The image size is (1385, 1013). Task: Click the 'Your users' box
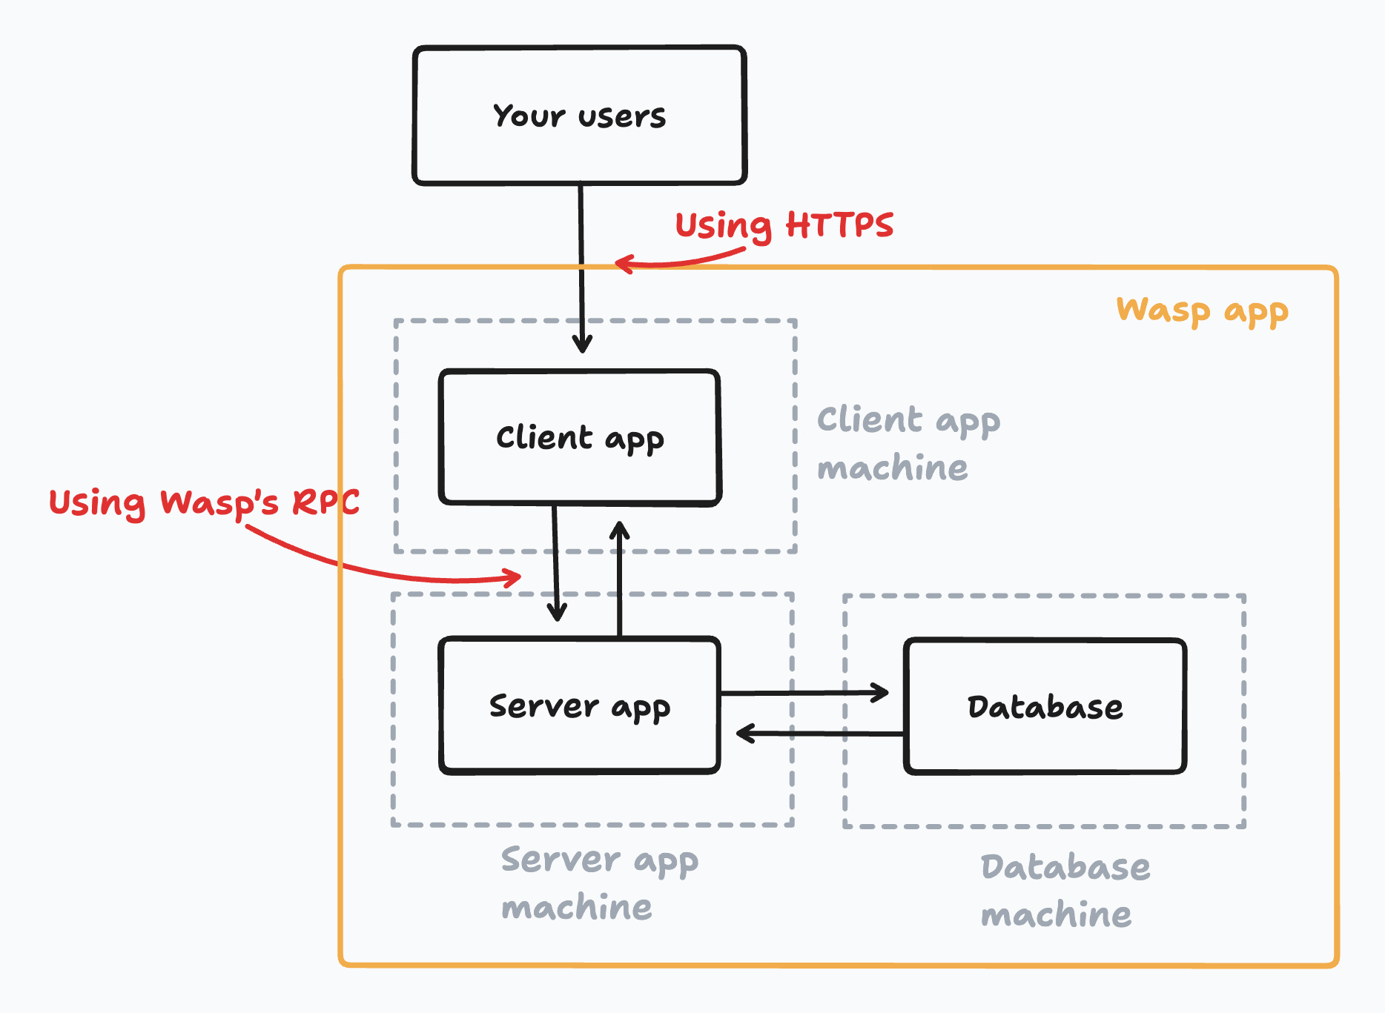pos(579,115)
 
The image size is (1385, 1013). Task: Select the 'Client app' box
pos(579,437)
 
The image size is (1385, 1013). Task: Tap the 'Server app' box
pos(579,705)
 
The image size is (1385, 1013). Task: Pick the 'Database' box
pos(1045,706)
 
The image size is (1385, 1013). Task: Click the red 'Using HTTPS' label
pos(784,225)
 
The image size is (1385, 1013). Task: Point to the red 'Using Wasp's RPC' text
pos(204,502)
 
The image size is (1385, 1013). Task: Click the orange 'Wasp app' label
pos(1202,310)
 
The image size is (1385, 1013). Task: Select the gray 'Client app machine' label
pos(908,443)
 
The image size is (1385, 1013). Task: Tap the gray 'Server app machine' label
pos(599,883)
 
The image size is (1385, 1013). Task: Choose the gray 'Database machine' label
pos(1065,890)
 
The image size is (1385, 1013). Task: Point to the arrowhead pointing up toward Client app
pos(620,530)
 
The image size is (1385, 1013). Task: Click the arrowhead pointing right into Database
pos(881,693)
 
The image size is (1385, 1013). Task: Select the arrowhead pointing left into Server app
pos(745,734)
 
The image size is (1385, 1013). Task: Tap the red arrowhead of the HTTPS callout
pos(624,264)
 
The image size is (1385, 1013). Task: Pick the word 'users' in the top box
pos(622,116)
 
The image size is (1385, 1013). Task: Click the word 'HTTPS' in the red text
pos(839,225)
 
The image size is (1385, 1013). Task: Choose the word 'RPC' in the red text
pos(325,502)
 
